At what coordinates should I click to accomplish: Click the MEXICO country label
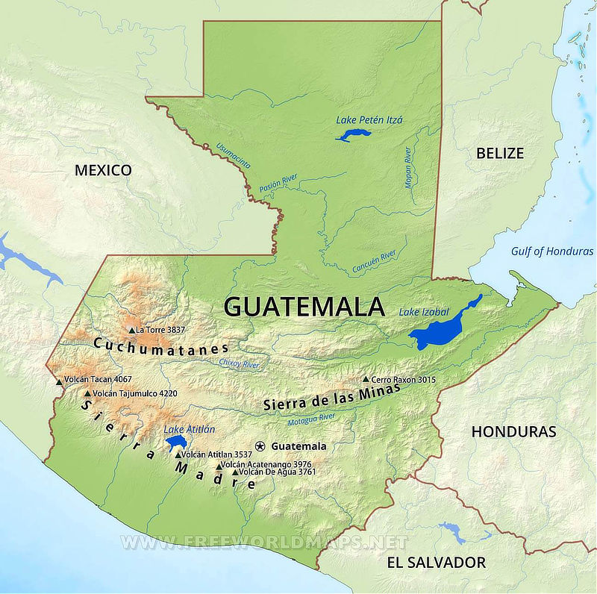(x=103, y=170)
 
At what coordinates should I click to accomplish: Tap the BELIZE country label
(x=499, y=153)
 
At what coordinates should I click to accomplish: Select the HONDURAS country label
(x=513, y=431)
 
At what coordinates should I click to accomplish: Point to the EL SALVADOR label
(x=436, y=562)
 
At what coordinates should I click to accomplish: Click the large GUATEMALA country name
(x=304, y=307)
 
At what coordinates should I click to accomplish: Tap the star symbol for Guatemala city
(x=260, y=446)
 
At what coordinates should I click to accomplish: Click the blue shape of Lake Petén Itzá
(x=352, y=135)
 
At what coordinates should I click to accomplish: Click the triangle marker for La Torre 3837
(x=131, y=330)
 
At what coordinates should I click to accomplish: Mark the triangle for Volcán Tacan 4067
(x=60, y=381)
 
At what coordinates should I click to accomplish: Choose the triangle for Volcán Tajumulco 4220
(x=88, y=393)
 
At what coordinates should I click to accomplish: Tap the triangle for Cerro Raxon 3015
(x=366, y=379)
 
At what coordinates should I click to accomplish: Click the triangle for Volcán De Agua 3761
(x=235, y=472)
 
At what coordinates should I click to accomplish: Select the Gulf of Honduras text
(x=552, y=251)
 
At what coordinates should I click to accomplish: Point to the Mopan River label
(x=409, y=167)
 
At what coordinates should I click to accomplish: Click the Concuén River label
(x=374, y=261)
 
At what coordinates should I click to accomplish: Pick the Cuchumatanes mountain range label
(x=161, y=348)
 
